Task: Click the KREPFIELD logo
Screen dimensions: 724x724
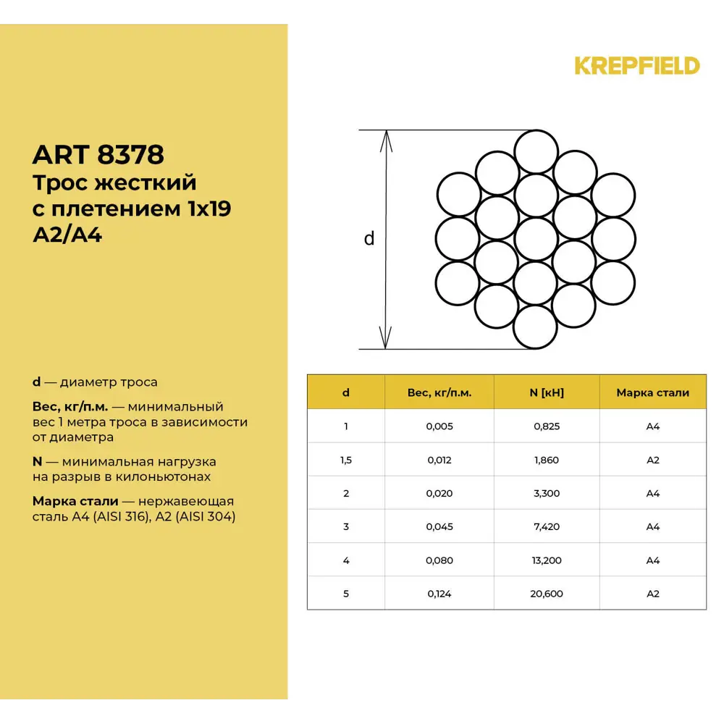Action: click(637, 66)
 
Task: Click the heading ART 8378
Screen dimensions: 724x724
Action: click(98, 154)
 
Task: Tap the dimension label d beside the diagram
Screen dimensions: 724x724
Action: click(369, 238)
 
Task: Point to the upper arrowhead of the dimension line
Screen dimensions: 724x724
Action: click(387, 141)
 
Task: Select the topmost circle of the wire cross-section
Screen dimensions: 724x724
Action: click(536, 151)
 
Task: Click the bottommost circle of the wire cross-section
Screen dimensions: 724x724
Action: click(535, 327)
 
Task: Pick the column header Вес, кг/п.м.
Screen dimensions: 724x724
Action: click(439, 392)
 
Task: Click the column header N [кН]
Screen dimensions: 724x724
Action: click(547, 392)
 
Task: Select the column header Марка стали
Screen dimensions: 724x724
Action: click(652, 392)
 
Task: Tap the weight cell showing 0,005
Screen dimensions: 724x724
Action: click(439, 426)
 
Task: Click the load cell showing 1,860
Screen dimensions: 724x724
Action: click(547, 460)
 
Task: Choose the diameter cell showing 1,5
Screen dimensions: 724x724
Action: click(346, 460)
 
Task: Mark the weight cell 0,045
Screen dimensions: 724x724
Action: click(439, 526)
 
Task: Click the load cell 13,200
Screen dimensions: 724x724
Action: click(547, 560)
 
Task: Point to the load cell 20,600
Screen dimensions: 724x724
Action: click(547, 594)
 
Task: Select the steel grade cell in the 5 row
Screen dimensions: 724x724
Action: click(652, 594)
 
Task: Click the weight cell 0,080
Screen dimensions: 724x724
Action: click(439, 560)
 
